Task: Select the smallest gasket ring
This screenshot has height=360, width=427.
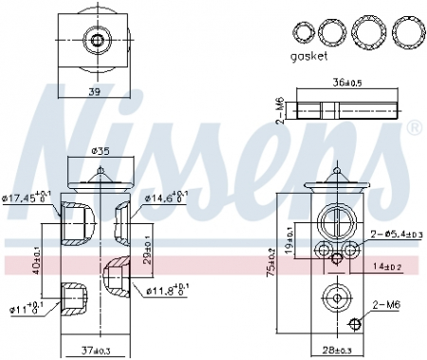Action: [303, 32]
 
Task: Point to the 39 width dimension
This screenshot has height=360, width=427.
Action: [94, 91]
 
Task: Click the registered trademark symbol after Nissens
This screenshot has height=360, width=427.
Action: [414, 126]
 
